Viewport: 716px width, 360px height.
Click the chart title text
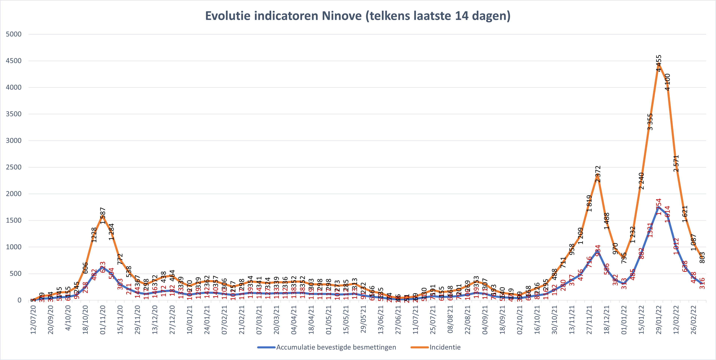coord(358,16)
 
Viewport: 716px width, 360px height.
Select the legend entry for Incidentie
coord(445,347)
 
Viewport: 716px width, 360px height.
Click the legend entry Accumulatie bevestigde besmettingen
coord(336,347)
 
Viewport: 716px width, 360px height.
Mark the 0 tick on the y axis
coord(19,300)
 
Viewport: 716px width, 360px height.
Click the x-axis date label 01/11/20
coord(103,320)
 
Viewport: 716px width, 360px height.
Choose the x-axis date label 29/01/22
coord(659,320)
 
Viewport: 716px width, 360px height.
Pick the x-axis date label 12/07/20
coord(33,320)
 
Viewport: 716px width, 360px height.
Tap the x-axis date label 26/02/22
coord(694,320)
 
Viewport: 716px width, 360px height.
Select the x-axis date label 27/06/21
coord(398,320)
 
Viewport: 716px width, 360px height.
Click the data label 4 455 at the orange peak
coord(659,63)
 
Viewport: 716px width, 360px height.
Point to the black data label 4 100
coord(667,82)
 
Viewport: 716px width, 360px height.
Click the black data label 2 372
coord(598,174)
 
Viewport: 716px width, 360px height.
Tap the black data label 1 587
coord(103,216)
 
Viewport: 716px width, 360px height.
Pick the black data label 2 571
coord(676,163)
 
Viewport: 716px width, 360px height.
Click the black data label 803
coord(702,257)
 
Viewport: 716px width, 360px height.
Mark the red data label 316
coord(702,283)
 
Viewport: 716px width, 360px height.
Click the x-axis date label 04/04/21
coord(294,320)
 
